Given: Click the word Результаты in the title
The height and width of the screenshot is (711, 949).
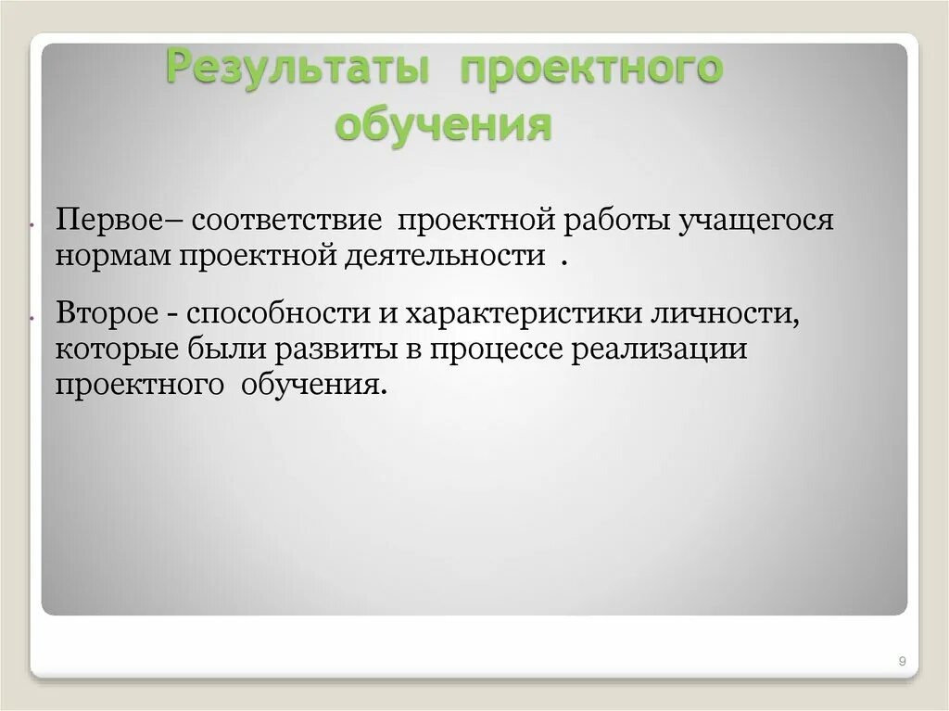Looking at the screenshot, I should tap(296, 71).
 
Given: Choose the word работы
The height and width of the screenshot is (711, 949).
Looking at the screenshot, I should tap(617, 221).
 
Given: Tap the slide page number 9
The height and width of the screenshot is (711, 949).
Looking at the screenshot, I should tap(902, 660).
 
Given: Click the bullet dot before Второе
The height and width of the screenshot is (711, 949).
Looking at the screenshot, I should tap(32, 316).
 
